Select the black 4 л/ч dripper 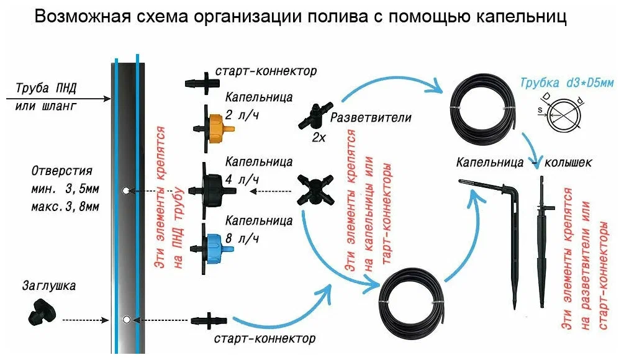point(214,186)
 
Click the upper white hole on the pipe point(127,191)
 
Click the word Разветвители point(371,117)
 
